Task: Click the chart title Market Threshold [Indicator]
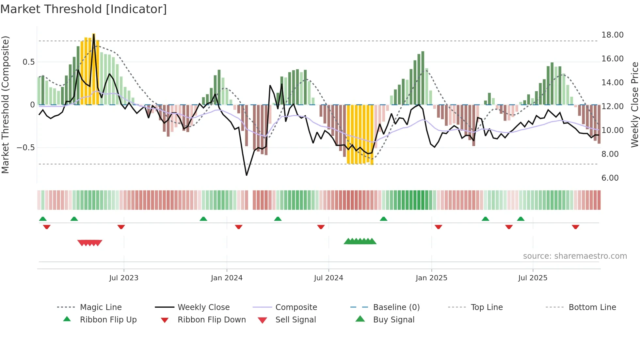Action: [84, 9]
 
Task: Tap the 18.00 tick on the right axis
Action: [612, 35]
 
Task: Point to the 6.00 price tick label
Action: [610, 178]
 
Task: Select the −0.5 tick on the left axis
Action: [25, 148]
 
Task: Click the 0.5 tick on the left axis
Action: [28, 62]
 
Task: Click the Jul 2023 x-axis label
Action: [124, 278]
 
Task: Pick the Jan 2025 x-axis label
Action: [431, 278]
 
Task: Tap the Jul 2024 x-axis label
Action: [328, 278]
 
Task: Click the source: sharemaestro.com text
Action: [575, 256]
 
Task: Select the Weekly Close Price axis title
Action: [634, 105]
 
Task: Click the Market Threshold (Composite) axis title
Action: [5, 105]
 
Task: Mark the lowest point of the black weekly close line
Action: [247, 175]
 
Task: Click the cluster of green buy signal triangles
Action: [360, 241]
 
